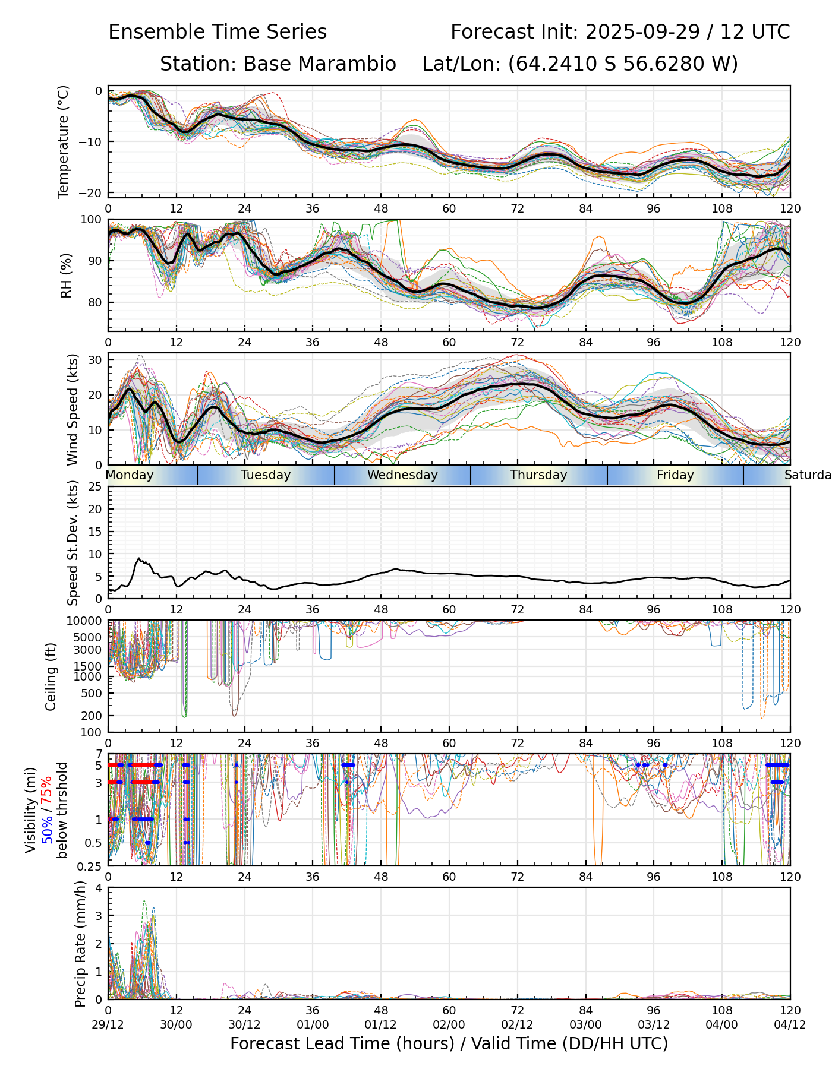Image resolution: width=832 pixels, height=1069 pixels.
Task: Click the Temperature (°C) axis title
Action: [64, 141]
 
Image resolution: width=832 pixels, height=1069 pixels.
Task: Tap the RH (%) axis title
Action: [66, 275]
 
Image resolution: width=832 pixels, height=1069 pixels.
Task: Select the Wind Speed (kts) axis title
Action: [73, 409]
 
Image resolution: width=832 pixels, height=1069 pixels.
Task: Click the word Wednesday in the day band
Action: [402, 475]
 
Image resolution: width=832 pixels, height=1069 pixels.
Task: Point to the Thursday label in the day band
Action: [538, 475]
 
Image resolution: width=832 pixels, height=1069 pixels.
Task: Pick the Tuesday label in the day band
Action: [266, 475]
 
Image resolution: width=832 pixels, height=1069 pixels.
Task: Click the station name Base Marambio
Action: [319, 64]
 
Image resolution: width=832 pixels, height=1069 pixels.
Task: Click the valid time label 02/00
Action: [449, 1024]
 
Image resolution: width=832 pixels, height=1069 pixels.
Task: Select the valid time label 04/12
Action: [790, 1024]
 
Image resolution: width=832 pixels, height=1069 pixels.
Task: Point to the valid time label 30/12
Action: [244, 1024]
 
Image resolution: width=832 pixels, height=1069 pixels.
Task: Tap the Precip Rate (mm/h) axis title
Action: [81, 944]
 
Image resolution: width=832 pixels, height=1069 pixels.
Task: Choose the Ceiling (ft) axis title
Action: [51, 676]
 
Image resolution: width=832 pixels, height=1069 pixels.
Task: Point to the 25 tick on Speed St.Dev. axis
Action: [96, 487]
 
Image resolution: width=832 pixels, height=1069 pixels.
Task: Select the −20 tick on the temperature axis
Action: [94, 193]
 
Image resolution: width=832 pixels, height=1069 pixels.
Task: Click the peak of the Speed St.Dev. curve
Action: [139, 558]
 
